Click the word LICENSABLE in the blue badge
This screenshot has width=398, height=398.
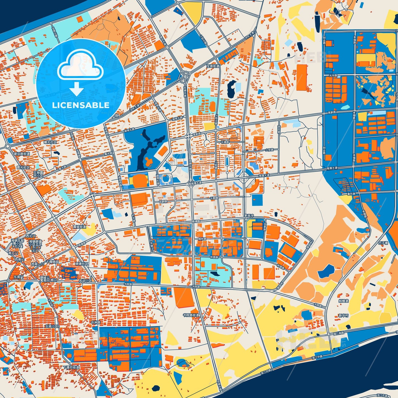(80, 105)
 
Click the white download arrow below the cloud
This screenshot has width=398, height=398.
(77, 88)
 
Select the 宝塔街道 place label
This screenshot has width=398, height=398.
(213, 66)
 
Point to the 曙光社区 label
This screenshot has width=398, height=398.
(50, 142)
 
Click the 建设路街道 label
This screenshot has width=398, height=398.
(22, 153)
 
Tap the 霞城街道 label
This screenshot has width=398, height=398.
(79, 227)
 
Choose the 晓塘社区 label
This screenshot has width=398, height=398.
(82, 264)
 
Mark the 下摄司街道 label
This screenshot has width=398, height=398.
(71, 367)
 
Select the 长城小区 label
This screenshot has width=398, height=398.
(52, 326)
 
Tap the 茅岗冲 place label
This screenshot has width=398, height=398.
(250, 216)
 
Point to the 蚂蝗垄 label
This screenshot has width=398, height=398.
(343, 301)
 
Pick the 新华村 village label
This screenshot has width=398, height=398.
(343, 315)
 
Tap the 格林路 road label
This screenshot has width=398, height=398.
(202, 239)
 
